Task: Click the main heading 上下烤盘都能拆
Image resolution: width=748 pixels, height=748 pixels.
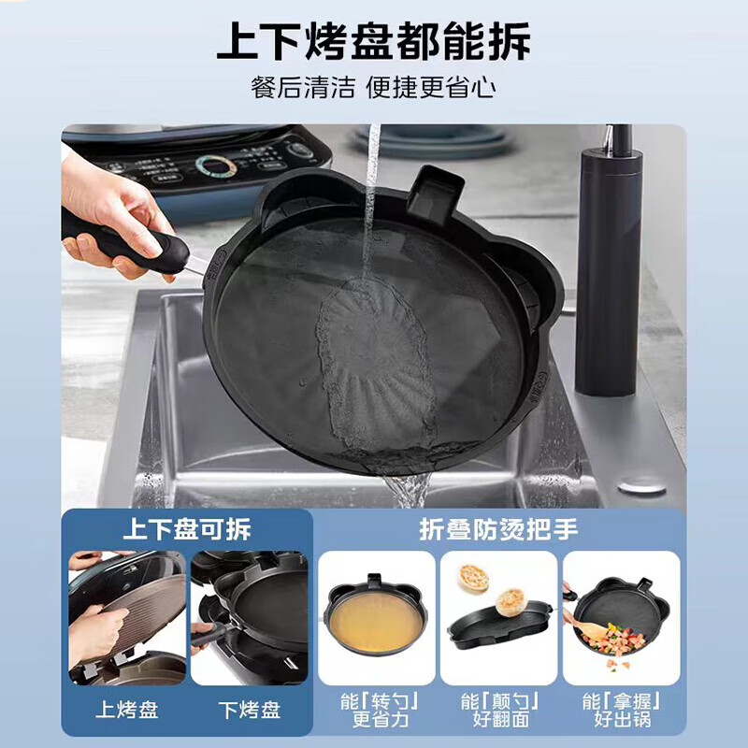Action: tap(373, 41)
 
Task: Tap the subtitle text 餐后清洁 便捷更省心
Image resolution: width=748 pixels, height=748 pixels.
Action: tap(373, 88)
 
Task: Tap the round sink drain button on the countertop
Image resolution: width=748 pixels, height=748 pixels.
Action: tap(643, 487)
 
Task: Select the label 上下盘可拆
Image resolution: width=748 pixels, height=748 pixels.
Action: tap(187, 530)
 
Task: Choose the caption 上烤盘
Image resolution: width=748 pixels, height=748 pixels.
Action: tap(127, 710)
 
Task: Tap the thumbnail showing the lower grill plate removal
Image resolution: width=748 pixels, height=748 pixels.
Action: tap(249, 618)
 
